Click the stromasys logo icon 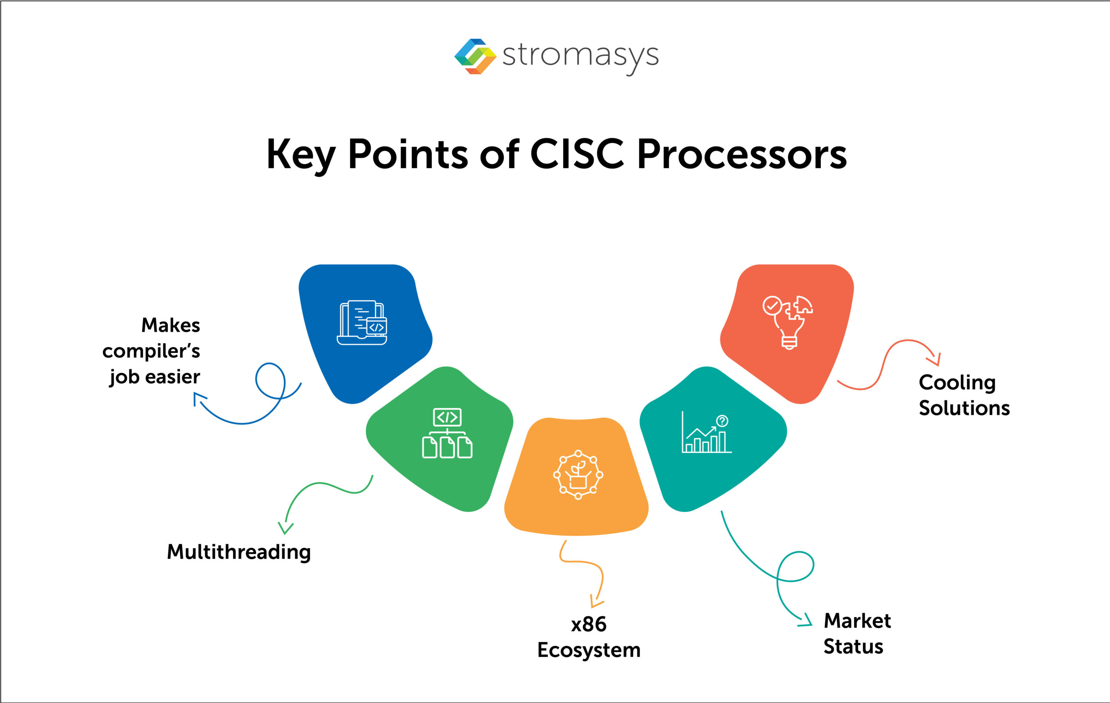point(475,56)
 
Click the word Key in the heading point(300,155)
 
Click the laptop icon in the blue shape point(362,322)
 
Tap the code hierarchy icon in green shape point(447,433)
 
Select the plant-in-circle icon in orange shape point(578,475)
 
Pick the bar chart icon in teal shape point(706,433)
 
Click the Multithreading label point(239,552)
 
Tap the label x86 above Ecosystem point(589,624)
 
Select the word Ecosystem point(589,650)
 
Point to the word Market point(857,621)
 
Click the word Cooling point(957,382)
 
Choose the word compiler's point(151,351)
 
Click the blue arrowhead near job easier point(198,397)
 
